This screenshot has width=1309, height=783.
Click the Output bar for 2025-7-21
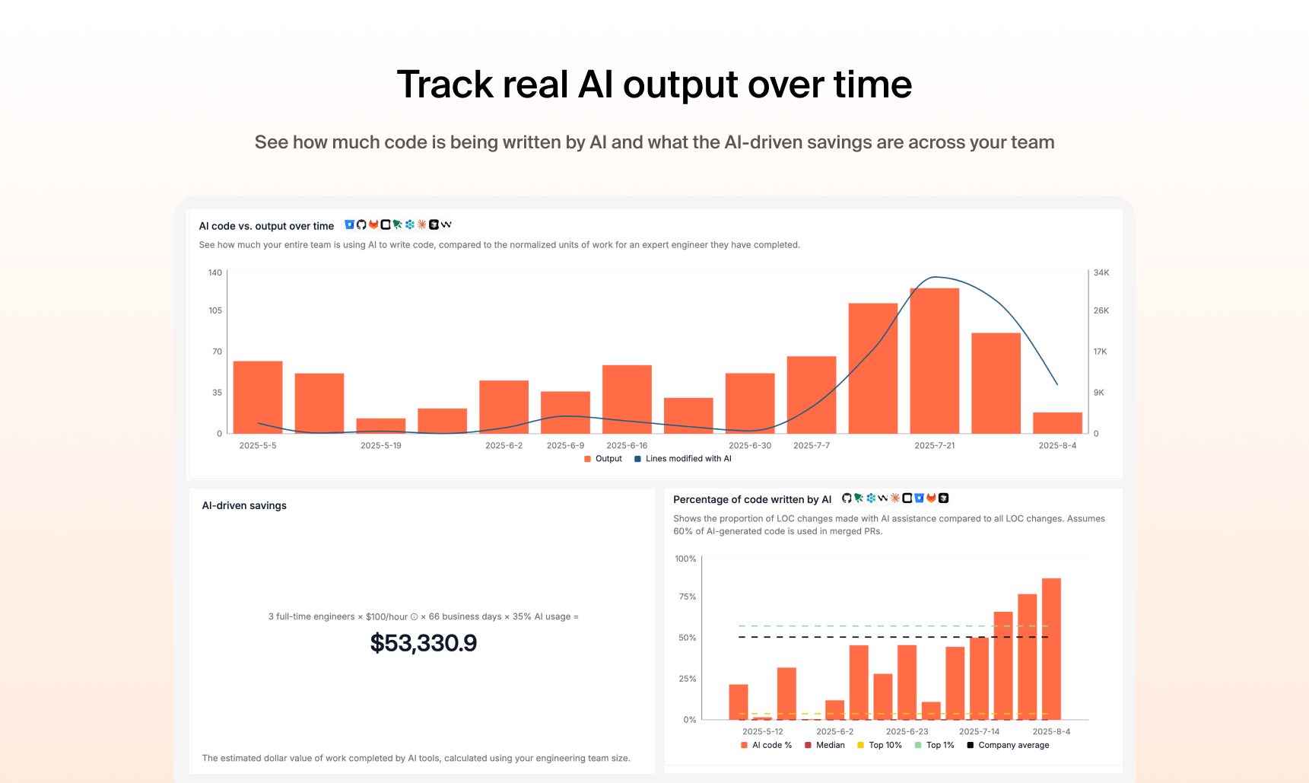pyautogui.click(x=934, y=361)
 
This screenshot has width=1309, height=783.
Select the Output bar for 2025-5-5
pyautogui.click(x=258, y=397)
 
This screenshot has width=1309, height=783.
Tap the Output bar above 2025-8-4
pyautogui.click(x=1057, y=423)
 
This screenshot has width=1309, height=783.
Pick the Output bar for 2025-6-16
pyautogui.click(x=627, y=399)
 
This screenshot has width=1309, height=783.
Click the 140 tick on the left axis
pyautogui.click(x=215, y=272)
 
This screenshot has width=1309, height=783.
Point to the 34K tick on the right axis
pyautogui.click(x=1101, y=272)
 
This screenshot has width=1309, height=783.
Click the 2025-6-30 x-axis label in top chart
pyautogui.click(x=749, y=446)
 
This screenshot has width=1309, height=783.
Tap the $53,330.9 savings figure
pyautogui.click(x=424, y=644)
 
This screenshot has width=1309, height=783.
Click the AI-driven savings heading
pyautogui.click(x=244, y=505)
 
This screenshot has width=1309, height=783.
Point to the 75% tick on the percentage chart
pyautogui.click(x=688, y=597)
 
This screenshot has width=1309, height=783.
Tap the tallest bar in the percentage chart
pyautogui.click(x=1051, y=648)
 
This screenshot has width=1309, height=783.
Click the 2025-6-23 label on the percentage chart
pyautogui.click(x=907, y=731)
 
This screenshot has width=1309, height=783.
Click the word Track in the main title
pyautogui.click(x=444, y=84)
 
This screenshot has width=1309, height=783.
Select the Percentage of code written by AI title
pyautogui.click(x=751, y=499)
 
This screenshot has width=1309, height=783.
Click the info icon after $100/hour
pyautogui.click(x=414, y=617)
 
